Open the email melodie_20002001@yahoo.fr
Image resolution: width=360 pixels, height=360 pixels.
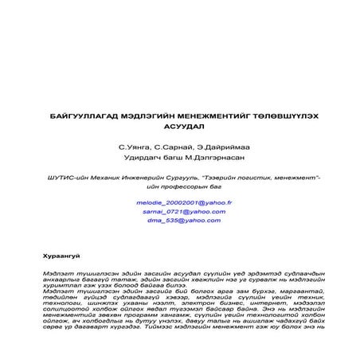(183, 203)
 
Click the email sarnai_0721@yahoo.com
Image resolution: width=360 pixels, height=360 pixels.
(183, 212)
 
